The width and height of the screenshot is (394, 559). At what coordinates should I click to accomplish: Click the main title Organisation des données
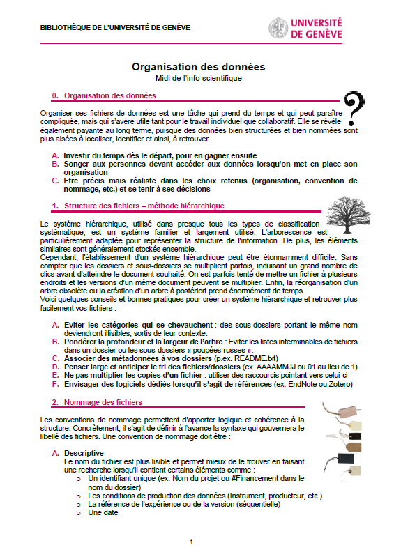(198, 68)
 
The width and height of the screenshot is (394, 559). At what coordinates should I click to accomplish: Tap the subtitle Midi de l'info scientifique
(198, 78)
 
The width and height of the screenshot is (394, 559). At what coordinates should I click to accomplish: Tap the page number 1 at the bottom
(191, 542)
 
